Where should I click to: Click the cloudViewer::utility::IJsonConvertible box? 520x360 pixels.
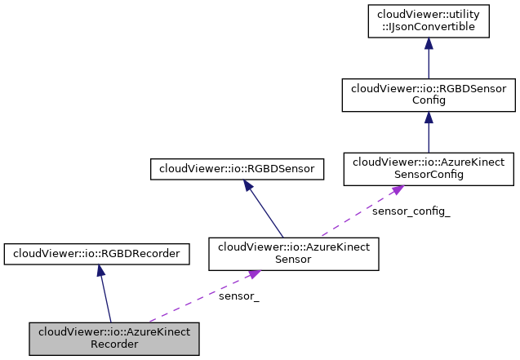pos(428,22)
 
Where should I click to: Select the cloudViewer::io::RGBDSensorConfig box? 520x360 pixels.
pos(428,96)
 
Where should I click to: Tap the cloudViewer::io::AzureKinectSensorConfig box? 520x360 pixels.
pos(428,169)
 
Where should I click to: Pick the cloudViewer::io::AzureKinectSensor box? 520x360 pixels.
pos(294,254)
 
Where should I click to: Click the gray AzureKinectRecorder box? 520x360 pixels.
pos(114,338)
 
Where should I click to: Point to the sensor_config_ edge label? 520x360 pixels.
pos(411,211)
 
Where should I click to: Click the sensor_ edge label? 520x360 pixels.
pos(238,296)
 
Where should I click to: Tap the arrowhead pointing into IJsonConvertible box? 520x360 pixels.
pos(428,47)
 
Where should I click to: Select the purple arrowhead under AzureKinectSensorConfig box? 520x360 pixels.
pos(397,190)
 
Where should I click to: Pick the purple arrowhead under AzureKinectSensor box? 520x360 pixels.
pos(254,276)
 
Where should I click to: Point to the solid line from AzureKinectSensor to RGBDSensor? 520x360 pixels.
pos(265,212)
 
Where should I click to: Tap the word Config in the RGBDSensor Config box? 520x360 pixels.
pos(428,101)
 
